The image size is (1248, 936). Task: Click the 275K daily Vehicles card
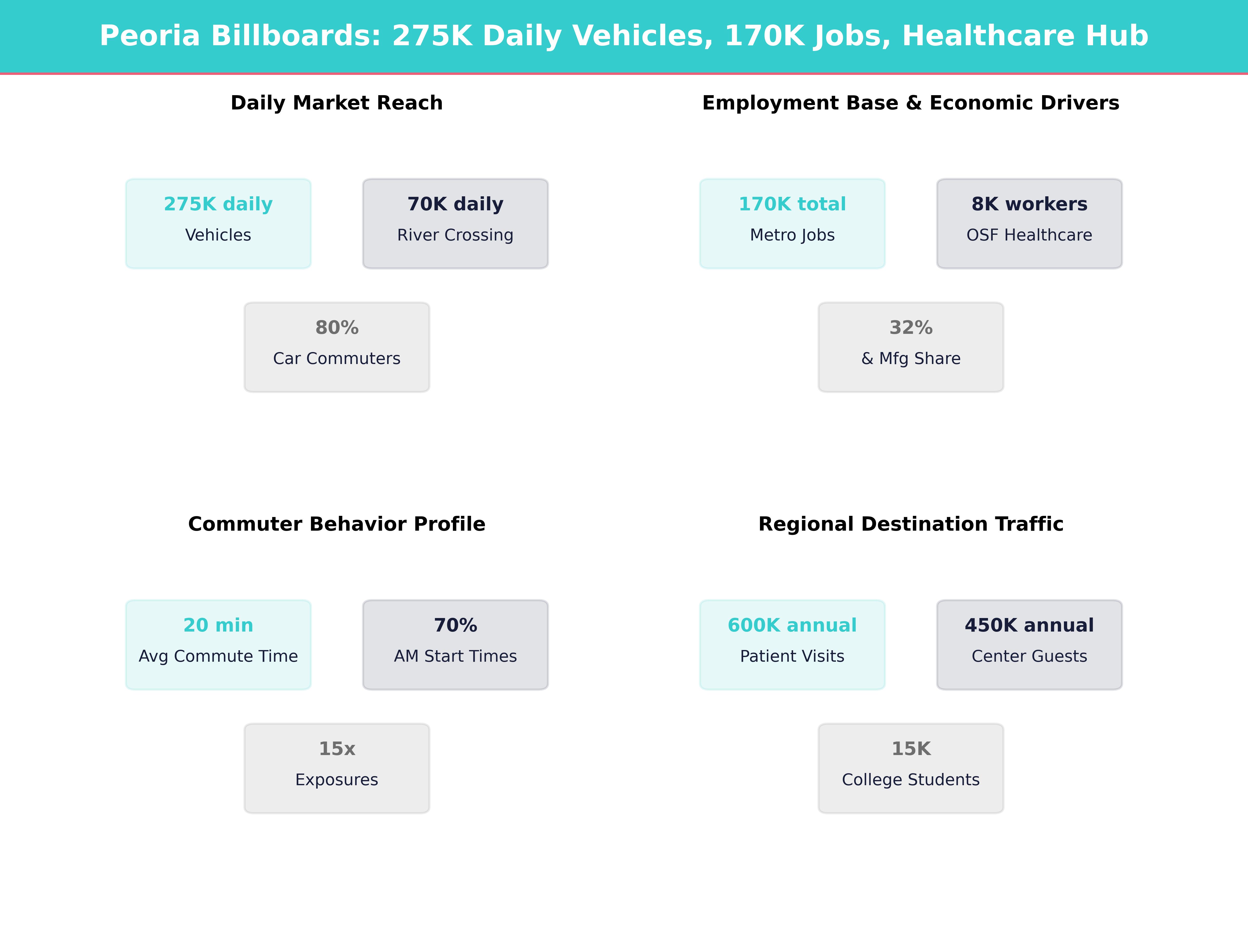[218, 223]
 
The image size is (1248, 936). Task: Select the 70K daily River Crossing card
[455, 223]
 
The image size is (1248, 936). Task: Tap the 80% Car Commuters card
[337, 347]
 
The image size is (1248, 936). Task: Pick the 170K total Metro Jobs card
[792, 223]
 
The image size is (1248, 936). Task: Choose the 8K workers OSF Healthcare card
[1029, 223]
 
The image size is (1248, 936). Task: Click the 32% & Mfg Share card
[911, 347]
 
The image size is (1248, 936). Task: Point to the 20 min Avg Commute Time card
[218, 644]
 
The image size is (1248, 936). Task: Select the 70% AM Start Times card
[455, 644]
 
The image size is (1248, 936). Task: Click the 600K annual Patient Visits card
[792, 644]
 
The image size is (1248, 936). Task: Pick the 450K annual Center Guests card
[1029, 644]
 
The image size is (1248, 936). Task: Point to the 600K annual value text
[792, 625]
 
